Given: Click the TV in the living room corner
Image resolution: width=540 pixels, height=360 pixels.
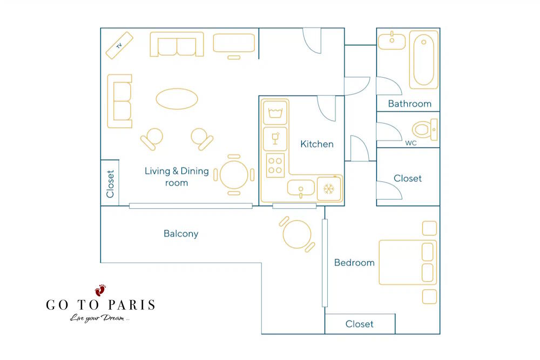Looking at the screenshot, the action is point(119,45).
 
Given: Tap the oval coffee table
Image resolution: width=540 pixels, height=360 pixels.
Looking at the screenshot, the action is point(177,99).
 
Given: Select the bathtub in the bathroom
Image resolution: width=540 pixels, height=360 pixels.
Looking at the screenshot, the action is point(423,60).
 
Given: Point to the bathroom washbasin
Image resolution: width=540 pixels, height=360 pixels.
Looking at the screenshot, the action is point(392,42).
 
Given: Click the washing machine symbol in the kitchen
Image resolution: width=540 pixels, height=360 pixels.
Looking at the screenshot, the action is point(275,112).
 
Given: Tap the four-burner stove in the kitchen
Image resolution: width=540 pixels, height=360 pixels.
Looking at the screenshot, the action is point(275,165).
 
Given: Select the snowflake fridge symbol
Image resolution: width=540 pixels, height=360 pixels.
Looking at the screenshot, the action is point(329,188).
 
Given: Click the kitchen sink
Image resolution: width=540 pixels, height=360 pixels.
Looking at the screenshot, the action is point(301,188).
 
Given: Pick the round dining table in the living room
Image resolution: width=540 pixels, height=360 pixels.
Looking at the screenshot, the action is point(234,175).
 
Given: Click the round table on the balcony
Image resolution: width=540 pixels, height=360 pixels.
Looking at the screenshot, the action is point(296,234).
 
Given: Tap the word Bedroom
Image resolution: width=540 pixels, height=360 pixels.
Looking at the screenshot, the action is point(354,263).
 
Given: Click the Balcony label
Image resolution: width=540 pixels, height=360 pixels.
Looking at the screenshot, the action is point(181,234).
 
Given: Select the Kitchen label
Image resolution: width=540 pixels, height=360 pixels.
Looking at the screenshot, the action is point(317,144).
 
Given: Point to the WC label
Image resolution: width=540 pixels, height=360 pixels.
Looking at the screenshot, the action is point(410,143).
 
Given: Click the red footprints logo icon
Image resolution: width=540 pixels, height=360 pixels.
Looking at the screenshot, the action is point(100,290).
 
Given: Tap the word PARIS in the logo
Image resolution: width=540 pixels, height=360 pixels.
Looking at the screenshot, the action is point(132,305).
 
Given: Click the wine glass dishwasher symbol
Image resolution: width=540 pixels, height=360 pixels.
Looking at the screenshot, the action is point(275,139).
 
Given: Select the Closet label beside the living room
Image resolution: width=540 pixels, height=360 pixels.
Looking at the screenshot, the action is point(110,184).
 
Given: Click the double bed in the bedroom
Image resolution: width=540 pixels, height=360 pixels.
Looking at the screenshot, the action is point(408,263).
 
